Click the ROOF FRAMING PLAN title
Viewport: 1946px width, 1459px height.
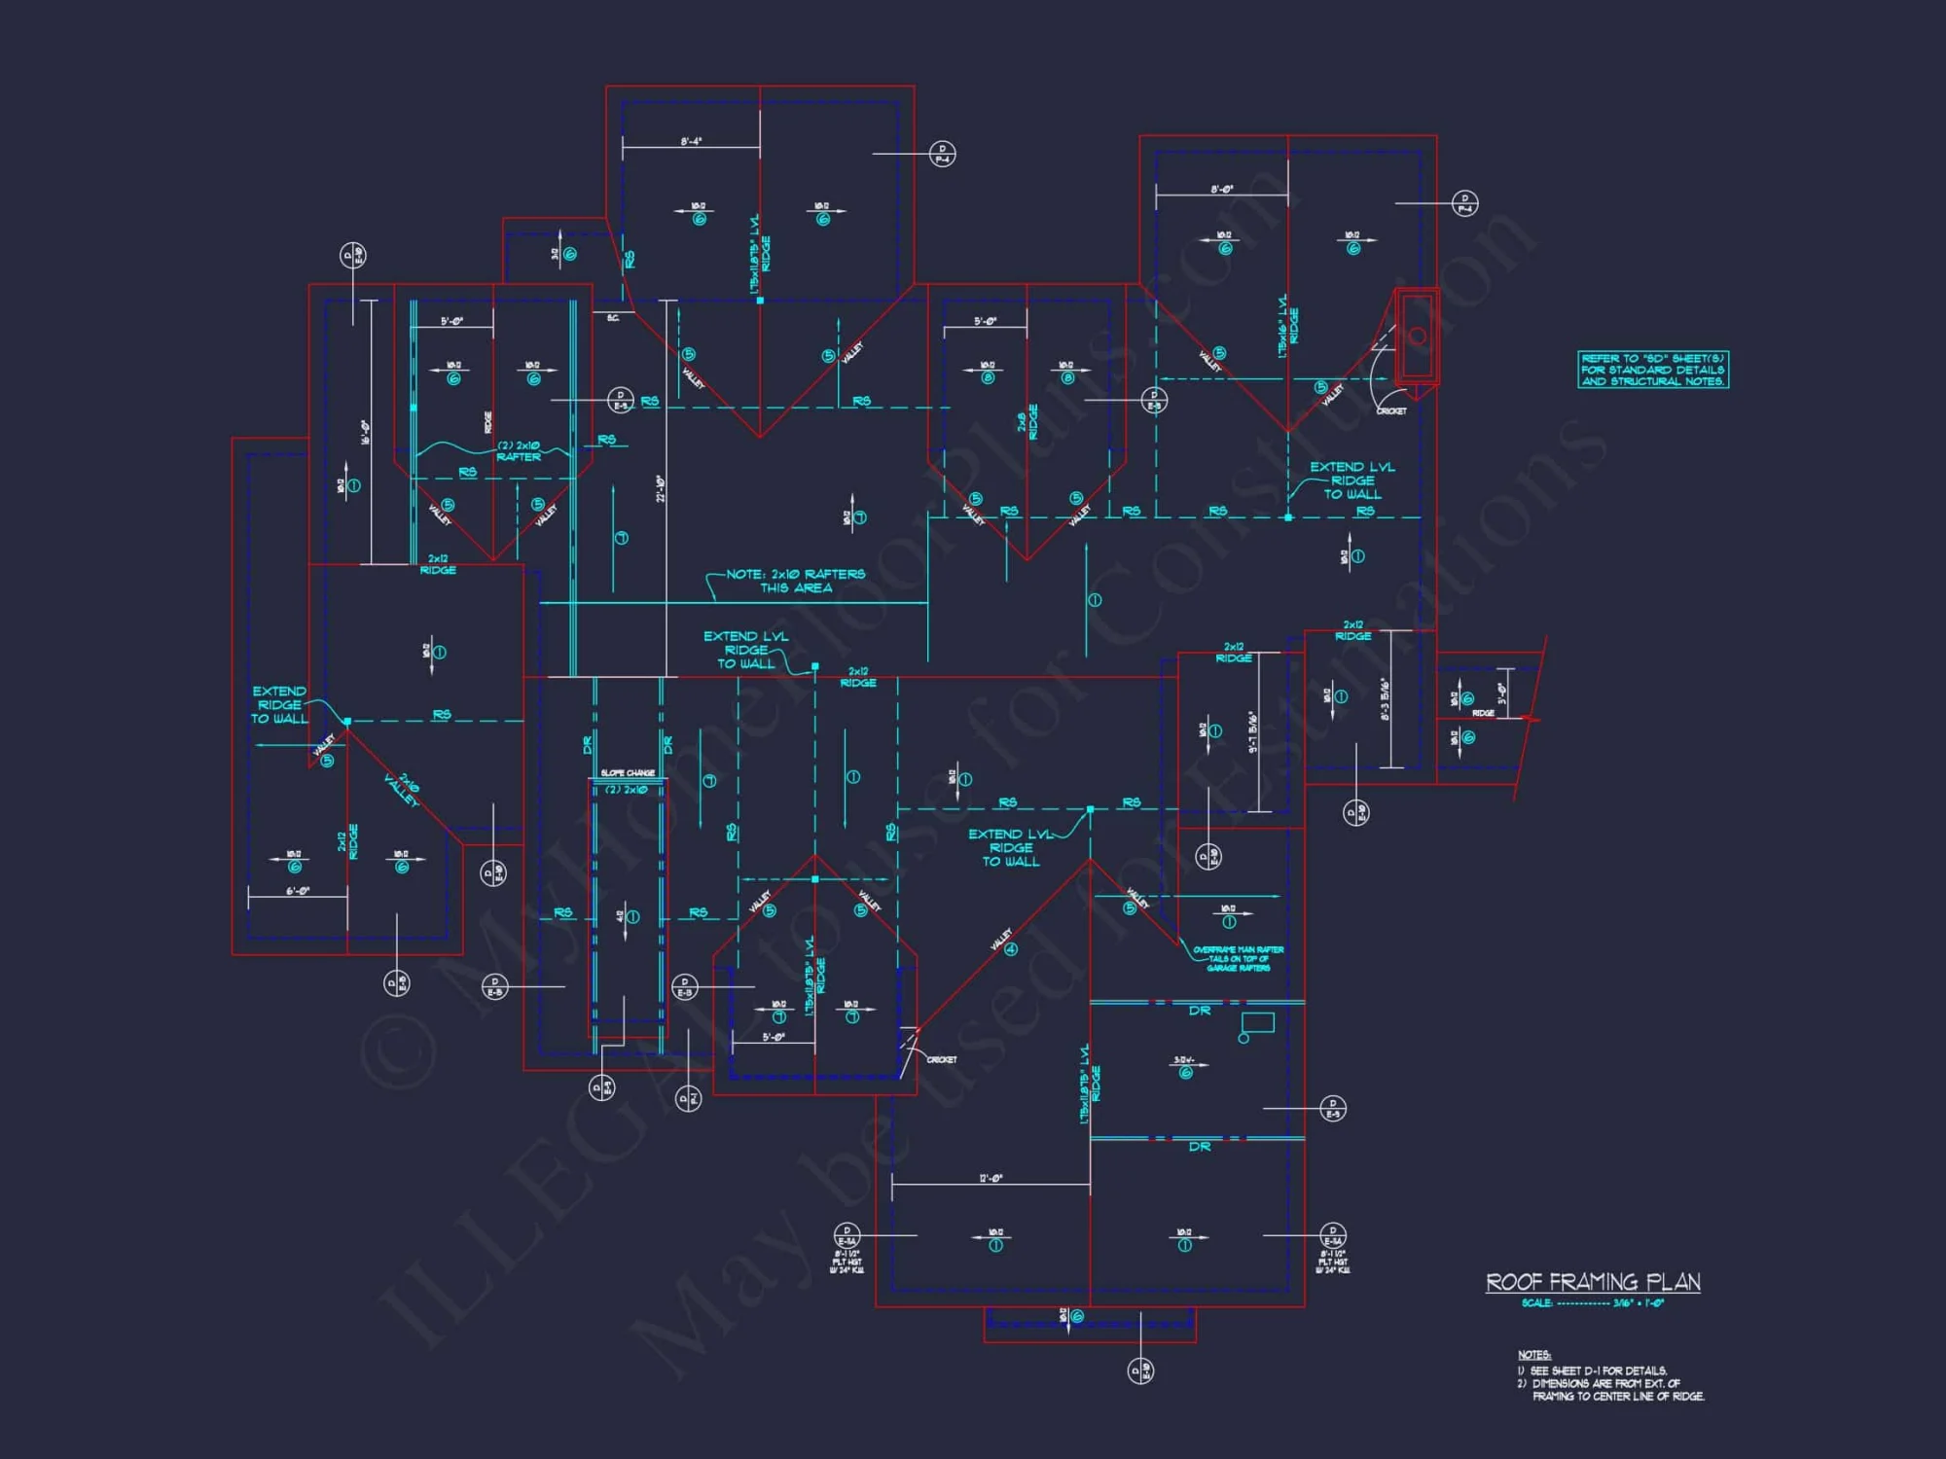point(1593,1282)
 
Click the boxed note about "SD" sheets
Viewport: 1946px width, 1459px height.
point(1653,370)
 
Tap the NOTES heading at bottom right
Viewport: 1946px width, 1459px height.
point(1534,1355)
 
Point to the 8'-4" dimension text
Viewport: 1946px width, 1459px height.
point(691,142)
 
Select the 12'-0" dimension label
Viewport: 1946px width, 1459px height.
point(991,1179)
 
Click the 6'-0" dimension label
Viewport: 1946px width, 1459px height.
point(298,891)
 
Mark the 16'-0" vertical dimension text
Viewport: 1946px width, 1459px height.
point(365,432)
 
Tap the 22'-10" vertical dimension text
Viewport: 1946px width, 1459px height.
point(661,488)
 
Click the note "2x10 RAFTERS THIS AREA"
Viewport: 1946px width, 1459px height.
point(796,581)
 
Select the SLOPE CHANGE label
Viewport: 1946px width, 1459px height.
point(628,773)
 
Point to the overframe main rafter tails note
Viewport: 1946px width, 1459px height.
point(1238,958)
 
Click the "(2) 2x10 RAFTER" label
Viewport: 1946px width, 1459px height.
point(519,451)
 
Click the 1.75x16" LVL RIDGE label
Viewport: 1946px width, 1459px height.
point(1288,326)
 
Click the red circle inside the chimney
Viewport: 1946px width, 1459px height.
point(1418,336)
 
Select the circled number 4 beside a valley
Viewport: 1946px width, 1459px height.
point(1011,949)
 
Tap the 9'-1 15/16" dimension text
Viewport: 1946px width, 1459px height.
point(1253,731)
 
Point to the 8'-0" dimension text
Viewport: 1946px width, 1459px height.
point(1222,190)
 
